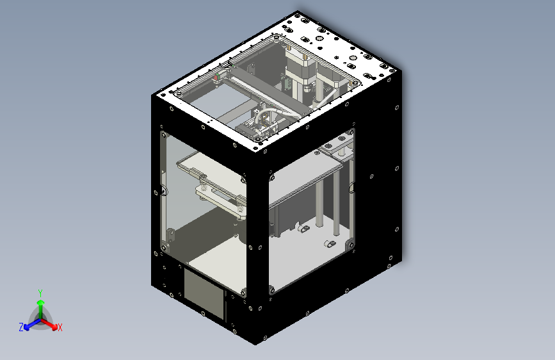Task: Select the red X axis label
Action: pos(60,327)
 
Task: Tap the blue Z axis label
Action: pos(21,327)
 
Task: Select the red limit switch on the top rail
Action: pos(216,78)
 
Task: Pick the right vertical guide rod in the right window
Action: pos(336,199)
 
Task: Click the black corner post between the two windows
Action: pos(256,243)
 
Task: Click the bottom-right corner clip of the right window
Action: pos(350,245)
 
